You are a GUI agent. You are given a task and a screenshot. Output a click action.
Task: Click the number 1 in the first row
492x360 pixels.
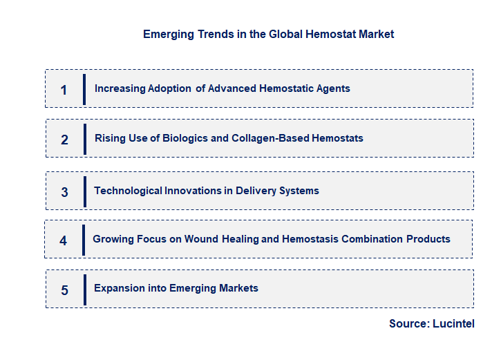(x=64, y=89)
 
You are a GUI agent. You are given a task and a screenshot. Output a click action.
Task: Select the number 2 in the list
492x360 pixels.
(x=64, y=139)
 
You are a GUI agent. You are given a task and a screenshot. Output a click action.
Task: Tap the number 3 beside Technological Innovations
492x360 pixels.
(x=64, y=191)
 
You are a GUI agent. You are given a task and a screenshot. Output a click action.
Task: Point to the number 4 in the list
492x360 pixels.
(x=64, y=240)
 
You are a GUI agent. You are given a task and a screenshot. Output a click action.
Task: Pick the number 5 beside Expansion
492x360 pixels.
(x=64, y=290)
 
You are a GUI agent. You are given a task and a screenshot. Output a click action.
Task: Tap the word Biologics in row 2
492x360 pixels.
(x=184, y=138)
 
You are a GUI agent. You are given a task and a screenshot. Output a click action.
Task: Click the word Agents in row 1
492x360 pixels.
(x=332, y=88)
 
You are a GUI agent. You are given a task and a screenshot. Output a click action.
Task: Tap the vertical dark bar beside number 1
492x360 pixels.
(x=84, y=89)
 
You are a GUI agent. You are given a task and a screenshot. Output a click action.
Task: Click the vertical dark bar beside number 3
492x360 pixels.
(x=84, y=191)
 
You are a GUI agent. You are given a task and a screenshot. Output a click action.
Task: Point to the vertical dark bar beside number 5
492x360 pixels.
(x=84, y=290)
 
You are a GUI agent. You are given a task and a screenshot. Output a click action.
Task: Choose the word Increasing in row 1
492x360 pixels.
(x=120, y=88)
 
